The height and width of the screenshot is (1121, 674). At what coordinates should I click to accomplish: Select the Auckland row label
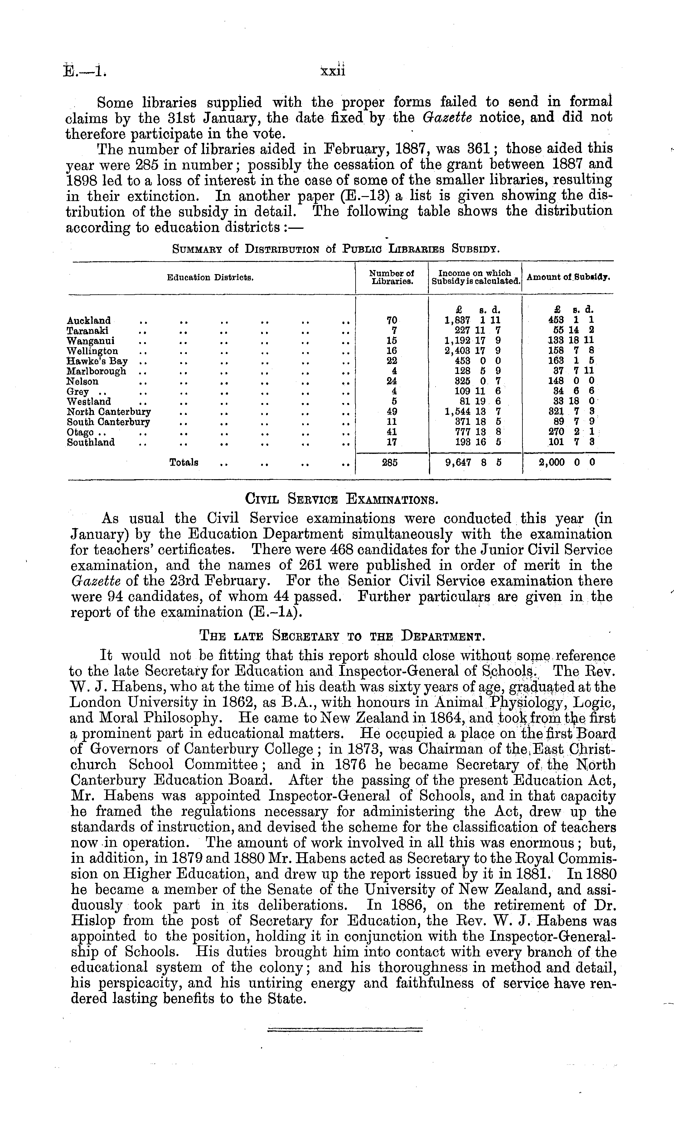[x=89, y=321]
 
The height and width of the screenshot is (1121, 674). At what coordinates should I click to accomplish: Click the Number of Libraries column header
[x=391, y=277]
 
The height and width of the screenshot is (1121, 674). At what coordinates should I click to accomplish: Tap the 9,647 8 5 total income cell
[x=473, y=463]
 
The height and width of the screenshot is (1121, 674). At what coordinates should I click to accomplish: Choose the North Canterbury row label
[x=109, y=412]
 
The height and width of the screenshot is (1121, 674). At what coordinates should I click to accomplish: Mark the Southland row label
[x=91, y=442]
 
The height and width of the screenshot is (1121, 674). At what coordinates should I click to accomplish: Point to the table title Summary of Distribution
[x=336, y=249]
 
